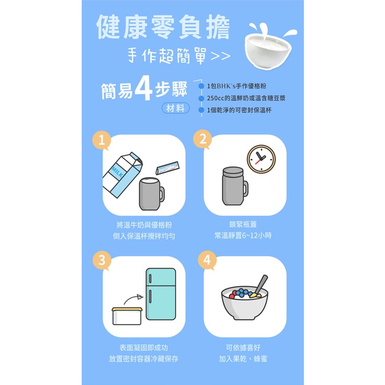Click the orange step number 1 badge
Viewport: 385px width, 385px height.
click(101, 140)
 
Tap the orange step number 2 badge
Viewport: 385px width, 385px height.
click(203, 139)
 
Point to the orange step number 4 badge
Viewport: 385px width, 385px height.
click(207, 260)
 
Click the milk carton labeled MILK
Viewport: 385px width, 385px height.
click(122, 175)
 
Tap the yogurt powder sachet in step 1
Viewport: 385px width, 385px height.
click(168, 168)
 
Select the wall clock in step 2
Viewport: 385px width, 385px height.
click(261, 159)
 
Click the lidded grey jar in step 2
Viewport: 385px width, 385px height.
click(235, 186)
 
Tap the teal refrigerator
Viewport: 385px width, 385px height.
click(161, 294)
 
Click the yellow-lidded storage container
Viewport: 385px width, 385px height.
click(127, 316)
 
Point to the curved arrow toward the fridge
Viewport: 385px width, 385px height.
click(133, 298)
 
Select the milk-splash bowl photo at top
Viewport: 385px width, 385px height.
click(270, 46)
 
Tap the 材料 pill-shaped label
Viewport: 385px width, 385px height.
click(175, 108)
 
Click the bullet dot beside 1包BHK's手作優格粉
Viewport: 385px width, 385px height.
click(201, 86)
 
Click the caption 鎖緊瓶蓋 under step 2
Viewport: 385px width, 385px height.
click(243, 224)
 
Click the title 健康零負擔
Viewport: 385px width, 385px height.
click(163, 27)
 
